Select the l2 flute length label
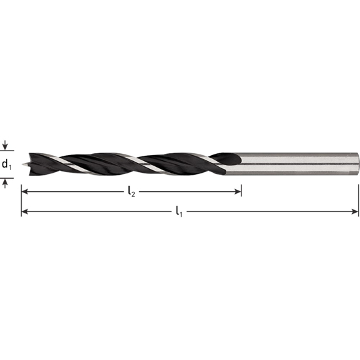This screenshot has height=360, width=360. [x=130, y=192]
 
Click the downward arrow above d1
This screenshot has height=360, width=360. [x=6, y=146]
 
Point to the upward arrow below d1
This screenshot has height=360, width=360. [x=6, y=183]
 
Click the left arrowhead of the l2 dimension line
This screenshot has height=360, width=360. [x=25, y=192]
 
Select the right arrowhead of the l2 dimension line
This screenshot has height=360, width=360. [x=238, y=192]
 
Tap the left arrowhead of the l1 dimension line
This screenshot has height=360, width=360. [x=25, y=212]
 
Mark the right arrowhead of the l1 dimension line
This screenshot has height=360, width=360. [x=355, y=212]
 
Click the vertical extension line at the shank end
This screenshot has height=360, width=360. [x=359, y=196]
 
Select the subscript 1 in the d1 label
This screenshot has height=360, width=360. [x=10, y=166]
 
